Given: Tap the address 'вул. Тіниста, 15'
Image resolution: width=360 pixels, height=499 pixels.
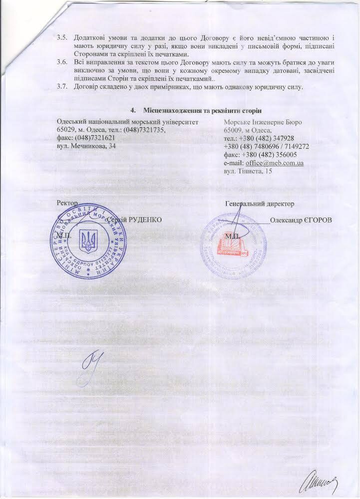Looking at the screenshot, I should pos(248,171).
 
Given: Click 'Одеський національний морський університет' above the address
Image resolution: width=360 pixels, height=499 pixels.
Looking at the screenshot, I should pos(128,121).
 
